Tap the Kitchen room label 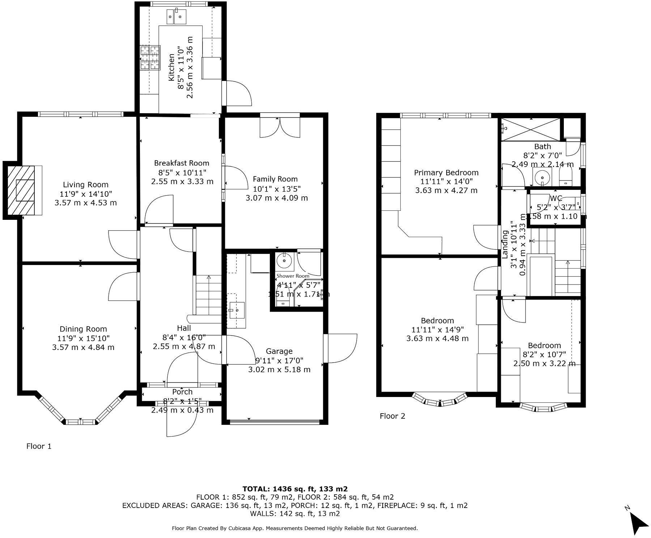[171, 67]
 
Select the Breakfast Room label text [182, 163]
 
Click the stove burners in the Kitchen [150, 57]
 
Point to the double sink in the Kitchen [176, 16]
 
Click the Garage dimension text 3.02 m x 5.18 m [279, 370]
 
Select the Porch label [182, 392]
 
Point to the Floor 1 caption [39, 446]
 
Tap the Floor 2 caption [392, 416]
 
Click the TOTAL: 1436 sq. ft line [295, 489]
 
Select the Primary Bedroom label [446, 173]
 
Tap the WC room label [556, 198]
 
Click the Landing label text [505, 244]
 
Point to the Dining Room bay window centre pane [81, 422]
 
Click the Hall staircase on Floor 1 [209, 295]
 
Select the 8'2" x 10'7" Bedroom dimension [544, 354]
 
